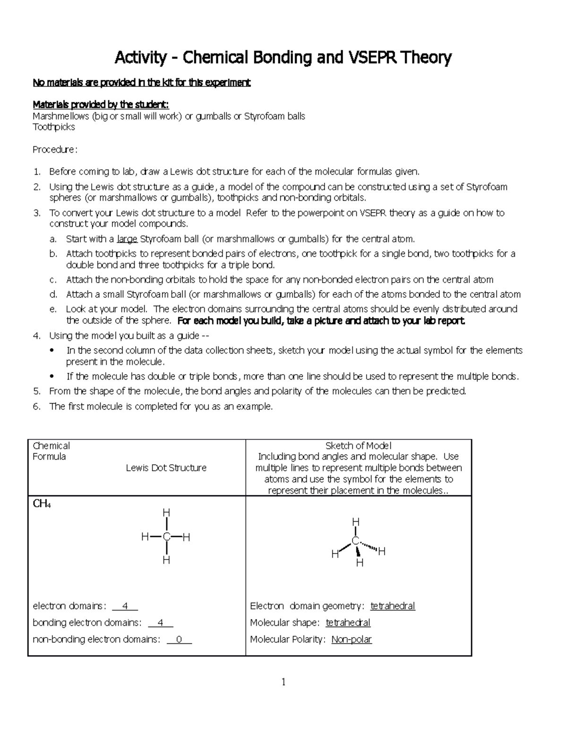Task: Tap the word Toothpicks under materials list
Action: (x=53, y=127)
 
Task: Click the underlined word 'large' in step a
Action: (x=127, y=239)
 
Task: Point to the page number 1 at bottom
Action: (x=283, y=682)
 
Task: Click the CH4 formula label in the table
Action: (x=42, y=504)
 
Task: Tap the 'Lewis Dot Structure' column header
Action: (x=166, y=468)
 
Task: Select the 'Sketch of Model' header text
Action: (x=358, y=446)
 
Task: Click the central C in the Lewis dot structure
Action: (x=166, y=537)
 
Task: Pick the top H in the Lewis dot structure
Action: (x=166, y=513)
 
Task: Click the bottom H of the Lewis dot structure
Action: (x=166, y=561)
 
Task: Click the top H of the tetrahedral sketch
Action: (x=356, y=522)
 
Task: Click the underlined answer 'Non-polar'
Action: (x=351, y=639)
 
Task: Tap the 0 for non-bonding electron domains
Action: (x=179, y=639)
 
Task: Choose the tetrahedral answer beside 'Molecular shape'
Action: (x=348, y=623)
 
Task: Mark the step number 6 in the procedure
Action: (x=36, y=406)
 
